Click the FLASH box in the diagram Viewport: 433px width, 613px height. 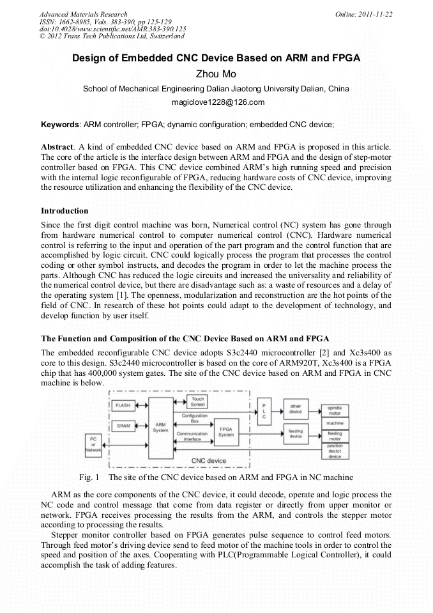click(x=123, y=405)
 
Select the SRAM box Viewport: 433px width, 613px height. click(x=123, y=424)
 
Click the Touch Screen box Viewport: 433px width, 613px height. click(x=198, y=401)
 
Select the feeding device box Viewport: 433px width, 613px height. click(x=296, y=433)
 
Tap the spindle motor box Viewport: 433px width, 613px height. click(x=335, y=410)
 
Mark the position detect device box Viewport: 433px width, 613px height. click(x=335, y=451)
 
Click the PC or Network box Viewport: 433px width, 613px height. click(x=93, y=445)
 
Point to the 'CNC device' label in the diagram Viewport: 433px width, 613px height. click(x=209, y=460)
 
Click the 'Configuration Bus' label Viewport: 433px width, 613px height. click(x=194, y=419)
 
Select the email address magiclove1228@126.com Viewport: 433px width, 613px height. click(x=216, y=102)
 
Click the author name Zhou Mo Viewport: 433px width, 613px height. click(x=216, y=74)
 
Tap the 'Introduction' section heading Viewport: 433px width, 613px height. click(x=65, y=210)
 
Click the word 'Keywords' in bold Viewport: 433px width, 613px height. click(x=60, y=124)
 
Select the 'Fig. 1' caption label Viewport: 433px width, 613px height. click(x=89, y=477)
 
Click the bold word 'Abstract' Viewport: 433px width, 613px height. click(x=59, y=146)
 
